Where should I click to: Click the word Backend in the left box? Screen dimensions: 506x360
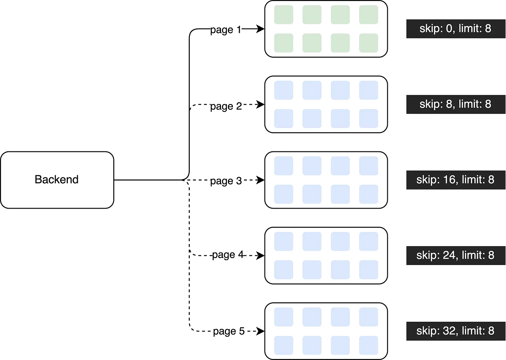point(56,179)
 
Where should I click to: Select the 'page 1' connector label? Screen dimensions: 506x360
point(226,30)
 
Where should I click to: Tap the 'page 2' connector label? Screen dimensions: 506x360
point(226,106)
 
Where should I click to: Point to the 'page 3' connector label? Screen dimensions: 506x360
point(226,181)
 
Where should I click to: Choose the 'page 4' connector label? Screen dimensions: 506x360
point(228,255)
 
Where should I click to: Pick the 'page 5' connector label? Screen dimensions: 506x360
point(229,331)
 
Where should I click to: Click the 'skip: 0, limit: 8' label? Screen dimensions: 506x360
point(455,29)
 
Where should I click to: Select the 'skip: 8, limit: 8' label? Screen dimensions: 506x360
point(455,104)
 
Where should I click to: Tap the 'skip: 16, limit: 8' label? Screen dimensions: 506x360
point(455,180)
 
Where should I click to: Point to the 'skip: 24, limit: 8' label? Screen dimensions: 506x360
point(455,255)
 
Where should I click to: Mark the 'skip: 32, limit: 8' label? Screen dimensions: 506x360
point(455,331)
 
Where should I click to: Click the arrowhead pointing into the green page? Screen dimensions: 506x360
point(260,29)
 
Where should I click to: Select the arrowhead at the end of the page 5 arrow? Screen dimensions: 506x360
point(260,331)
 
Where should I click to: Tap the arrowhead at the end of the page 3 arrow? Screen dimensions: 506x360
point(260,180)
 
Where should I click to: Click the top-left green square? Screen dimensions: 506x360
point(284,15)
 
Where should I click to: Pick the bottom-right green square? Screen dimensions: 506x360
point(369,43)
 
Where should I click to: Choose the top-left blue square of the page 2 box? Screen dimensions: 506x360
point(284,90)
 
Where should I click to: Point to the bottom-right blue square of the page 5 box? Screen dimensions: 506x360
point(369,345)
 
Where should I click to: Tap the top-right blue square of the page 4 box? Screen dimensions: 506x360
point(369,241)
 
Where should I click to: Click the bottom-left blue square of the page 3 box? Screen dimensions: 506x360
point(284,194)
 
